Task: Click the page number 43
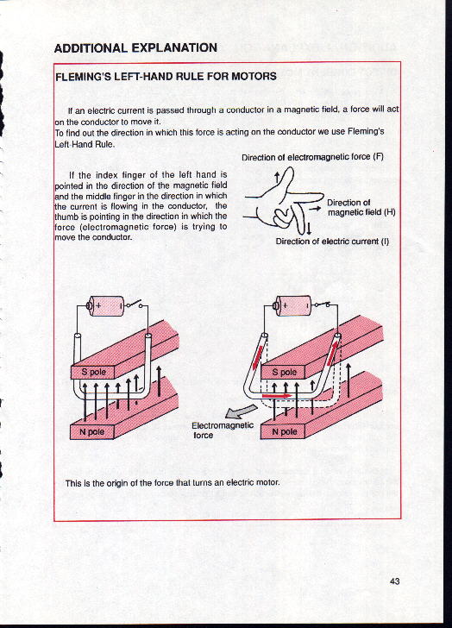point(394,581)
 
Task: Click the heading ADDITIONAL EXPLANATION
point(135,48)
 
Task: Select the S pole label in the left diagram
point(94,372)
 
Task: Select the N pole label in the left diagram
point(91,431)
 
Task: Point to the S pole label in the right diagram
point(285,372)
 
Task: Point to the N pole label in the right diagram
point(285,431)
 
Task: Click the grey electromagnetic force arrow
point(241,411)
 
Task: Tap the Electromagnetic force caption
point(223,430)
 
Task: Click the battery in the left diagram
point(106,306)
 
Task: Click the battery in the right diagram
point(292,306)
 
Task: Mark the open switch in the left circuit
point(135,305)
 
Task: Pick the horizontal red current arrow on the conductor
point(277,396)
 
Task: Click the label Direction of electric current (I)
point(332,242)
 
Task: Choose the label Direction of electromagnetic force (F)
point(312,157)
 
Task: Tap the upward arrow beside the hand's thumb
point(277,179)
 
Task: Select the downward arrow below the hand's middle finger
point(309,229)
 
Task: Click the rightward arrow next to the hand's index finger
point(317,208)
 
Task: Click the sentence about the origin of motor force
point(173,482)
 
